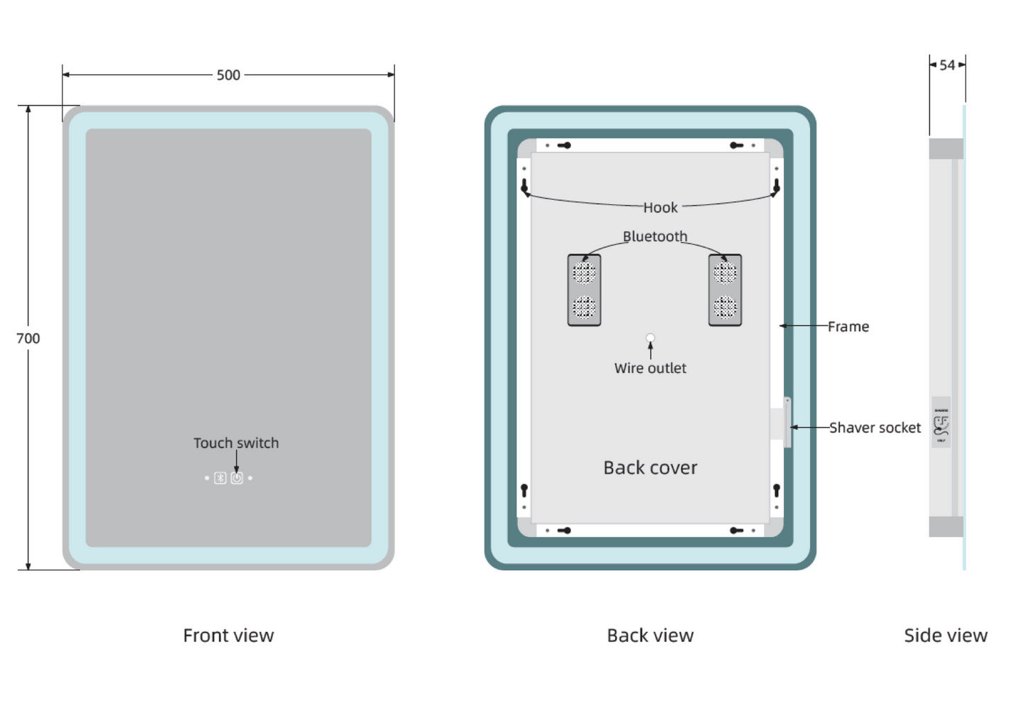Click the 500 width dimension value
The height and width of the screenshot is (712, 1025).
(x=228, y=75)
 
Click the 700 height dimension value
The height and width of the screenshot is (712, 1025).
(x=28, y=338)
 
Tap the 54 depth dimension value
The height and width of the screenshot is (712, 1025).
(x=947, y=65)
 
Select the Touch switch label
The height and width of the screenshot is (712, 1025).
(x=236, y=443)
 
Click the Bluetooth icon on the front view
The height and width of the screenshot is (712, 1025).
(x=221, y=479)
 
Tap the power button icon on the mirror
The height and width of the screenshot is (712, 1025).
(x=237, y=479)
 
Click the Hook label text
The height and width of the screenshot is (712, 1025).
(x=660, y=208)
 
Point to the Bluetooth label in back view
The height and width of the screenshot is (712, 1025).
(x=655, y=236)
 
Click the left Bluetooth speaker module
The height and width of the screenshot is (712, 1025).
(x=584, y=290)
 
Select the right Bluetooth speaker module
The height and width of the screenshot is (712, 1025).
(x=725, y=290)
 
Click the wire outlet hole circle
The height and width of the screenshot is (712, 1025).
(x=650, y=338)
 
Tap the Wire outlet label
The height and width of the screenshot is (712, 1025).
(x=650, y=368)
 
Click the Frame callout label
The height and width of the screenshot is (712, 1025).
(x=848, y=327)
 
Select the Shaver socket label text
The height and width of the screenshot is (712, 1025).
(x=875, y=428)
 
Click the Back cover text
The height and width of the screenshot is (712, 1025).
(x=650, y=468)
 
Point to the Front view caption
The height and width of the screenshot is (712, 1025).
(x=228, y=635)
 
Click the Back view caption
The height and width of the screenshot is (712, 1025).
(x=650, y=635)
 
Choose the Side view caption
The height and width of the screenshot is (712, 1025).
(x=946, y=635)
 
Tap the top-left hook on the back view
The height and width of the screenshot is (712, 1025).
(x=525, y=187)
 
